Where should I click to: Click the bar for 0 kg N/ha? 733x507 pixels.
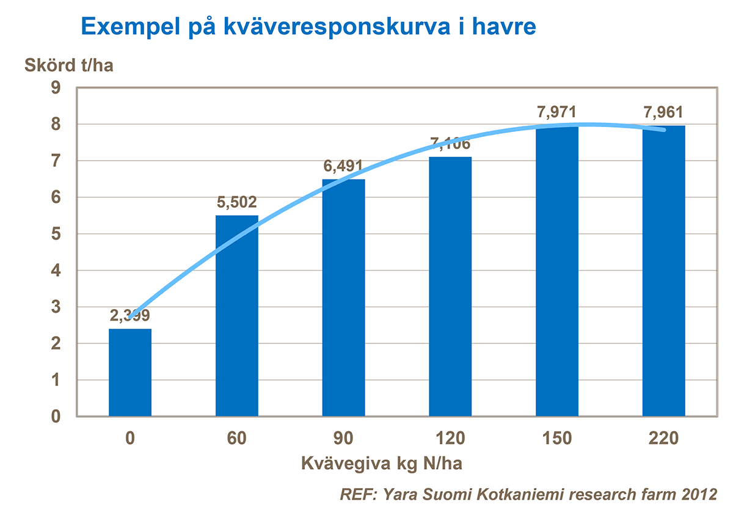[x=130, y=373]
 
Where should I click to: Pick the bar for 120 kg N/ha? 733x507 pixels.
[x=450, y=286]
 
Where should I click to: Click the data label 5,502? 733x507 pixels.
[x=237, y=202]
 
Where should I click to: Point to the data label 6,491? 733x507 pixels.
[x=343, y=166]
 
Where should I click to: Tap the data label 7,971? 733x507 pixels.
[x=556, y=112]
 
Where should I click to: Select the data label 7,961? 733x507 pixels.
[x=663, y=112]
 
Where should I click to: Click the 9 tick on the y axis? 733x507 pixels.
[x=57, y=88]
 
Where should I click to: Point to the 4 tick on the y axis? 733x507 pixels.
[x=57, y=271]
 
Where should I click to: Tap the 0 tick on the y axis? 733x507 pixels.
[x=57, y=417]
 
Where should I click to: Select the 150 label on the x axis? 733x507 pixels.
[x=556, y=438]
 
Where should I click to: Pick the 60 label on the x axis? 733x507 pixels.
[x=237, y=438]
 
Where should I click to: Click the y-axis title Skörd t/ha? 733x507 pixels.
[x=69, y=65]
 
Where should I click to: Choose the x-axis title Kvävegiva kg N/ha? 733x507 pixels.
[x=382, y=463]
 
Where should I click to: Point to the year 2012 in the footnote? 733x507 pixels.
[x=697, y=493]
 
